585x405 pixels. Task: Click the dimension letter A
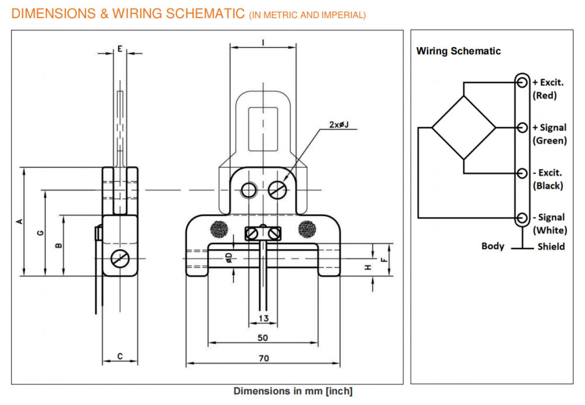click(x=19, y=221)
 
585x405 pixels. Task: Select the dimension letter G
click(x=40, y=233)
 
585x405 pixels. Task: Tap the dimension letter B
click(x=58, y=245)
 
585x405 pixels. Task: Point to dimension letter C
click(x=120, y=356)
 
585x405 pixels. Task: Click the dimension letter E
click(x=119, y=49)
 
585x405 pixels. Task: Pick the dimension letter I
click(x=263, y=42)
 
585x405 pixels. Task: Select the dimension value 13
click(x=263, y=318)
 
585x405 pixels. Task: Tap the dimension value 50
click(x=263, y=338)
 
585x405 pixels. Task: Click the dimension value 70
click(x=263, y=358)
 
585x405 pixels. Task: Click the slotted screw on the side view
click(x=119, y=258)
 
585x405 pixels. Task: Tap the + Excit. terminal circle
click(x=521, y=83)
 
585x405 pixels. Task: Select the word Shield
click(x=551, y=246)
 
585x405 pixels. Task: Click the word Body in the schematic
click(x=493, y=246)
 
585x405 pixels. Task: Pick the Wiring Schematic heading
click(x=459, y=51)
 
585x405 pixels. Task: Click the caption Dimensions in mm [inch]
click(x=293, y=391)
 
